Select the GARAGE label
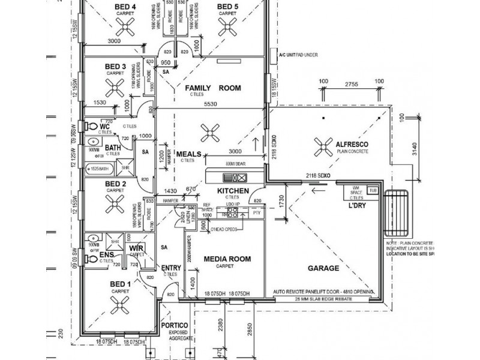[x=323, y=268]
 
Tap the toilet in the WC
[x=91, y=127]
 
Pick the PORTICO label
[x=175, y=325]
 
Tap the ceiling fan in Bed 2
[x=115, y=208]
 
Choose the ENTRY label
[x=171, y=268]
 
